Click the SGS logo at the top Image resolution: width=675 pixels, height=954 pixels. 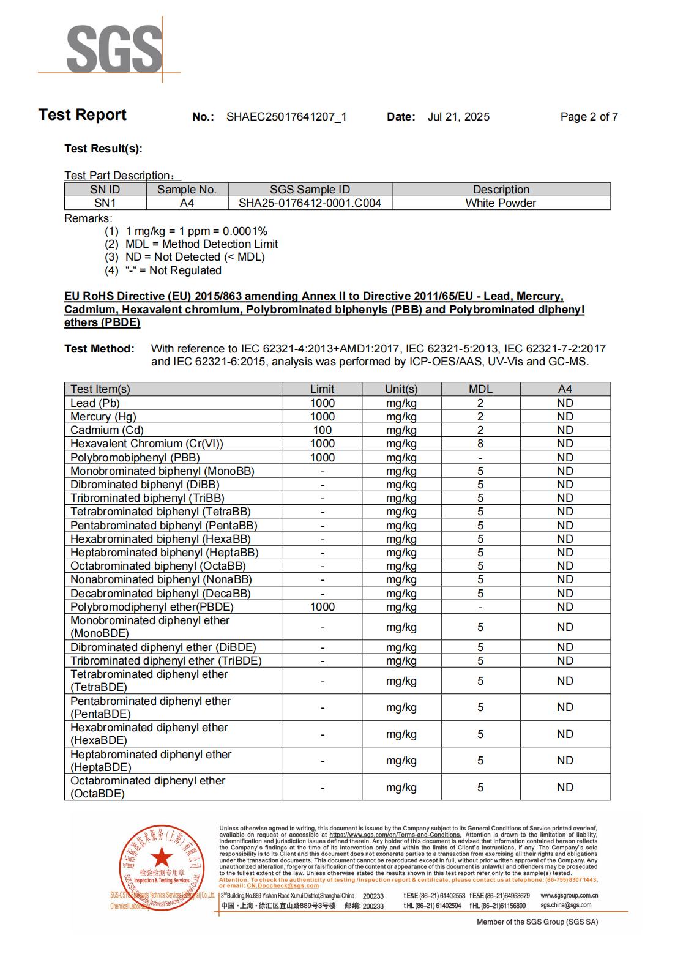point(114,49)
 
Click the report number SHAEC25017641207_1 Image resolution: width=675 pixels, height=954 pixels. point(286,117)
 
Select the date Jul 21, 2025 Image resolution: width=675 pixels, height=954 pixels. point(458,117)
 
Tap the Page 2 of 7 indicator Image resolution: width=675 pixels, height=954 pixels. point(589,117)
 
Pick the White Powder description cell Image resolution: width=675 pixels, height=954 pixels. point(501,203)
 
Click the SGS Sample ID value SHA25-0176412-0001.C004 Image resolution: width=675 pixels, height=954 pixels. point(310,203)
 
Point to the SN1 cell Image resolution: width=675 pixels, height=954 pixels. point(105,203)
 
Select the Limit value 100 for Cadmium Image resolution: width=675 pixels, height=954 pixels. point(322,430)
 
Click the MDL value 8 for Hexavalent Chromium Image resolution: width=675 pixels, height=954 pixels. point(480,444)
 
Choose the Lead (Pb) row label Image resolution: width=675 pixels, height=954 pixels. point(95,403)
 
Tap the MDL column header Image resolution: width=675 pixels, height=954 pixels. point(480,389)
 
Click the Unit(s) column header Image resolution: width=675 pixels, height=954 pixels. point(401,389)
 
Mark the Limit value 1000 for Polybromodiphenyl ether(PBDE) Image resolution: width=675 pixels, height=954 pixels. point(322,607)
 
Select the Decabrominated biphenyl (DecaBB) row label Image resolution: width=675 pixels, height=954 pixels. point(160,594)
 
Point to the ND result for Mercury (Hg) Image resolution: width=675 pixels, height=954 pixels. point(565,417)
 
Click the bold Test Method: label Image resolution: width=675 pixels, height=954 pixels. point(99,349)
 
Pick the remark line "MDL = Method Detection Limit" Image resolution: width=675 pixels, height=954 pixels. point(201,244)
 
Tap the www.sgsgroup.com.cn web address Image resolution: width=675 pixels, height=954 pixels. point(569,896)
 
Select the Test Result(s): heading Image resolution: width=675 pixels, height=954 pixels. point(103,149)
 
